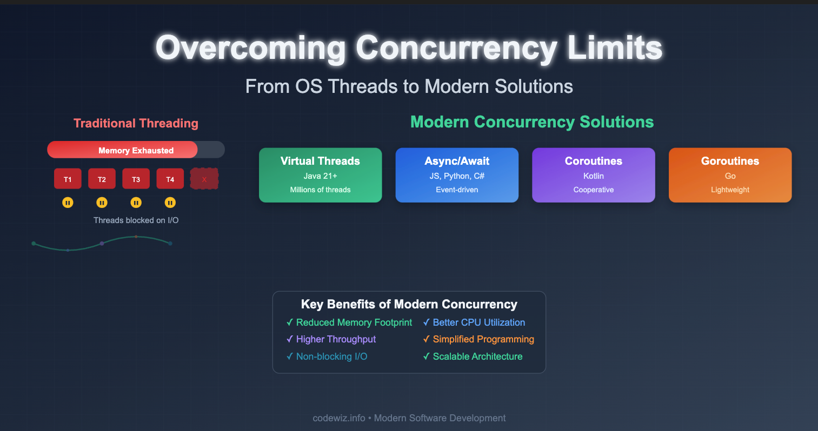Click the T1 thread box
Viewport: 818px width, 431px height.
point(68,178)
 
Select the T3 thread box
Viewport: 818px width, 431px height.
point(136,178)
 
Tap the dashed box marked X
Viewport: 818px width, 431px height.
point(204,178)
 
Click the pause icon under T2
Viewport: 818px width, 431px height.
point(102,203)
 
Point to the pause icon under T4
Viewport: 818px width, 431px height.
point(170,203)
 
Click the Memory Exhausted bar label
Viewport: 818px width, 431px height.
point(136,150)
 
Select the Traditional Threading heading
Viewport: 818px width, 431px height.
point(136,123)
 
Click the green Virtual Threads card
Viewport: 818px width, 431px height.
point(320,175)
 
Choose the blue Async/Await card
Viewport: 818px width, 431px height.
point(457,175)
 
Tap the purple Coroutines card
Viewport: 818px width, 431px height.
point(594,175)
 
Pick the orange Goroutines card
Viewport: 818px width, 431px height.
point(730,175)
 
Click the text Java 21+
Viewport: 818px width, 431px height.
point(320,176)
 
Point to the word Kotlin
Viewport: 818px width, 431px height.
point(594,176)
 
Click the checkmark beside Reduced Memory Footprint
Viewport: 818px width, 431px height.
point(290,322)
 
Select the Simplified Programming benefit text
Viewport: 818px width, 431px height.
point(483,339)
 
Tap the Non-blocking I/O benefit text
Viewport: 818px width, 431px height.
point(331,356)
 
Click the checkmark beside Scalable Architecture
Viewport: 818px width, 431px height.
point(427,356)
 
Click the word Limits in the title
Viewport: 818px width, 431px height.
point(615,48)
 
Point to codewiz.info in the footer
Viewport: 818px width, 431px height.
point(339,418)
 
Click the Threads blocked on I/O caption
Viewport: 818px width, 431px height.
point(136,220)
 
